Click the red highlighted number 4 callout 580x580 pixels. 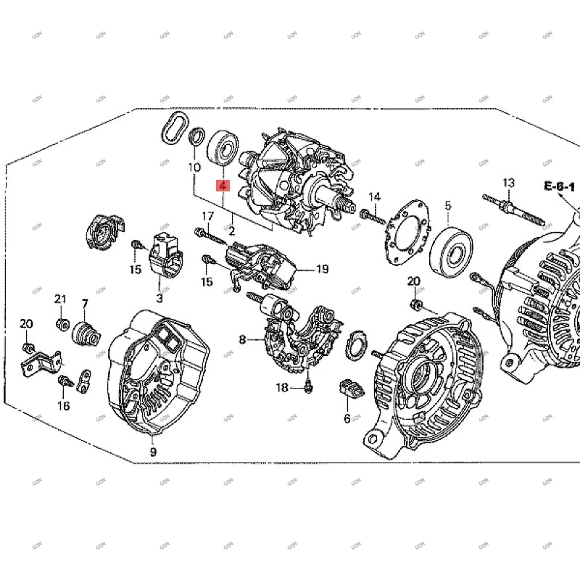223,186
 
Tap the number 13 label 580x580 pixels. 507,182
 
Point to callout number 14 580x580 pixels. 374,197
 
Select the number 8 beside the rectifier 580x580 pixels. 243,339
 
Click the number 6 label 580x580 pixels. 347,418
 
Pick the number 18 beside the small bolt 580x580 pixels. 282,388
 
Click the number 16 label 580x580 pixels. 64,405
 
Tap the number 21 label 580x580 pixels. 60,299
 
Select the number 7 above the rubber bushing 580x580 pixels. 84,303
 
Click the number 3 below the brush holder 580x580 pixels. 159,297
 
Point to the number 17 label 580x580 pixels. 208,216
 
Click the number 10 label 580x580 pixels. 194,167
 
